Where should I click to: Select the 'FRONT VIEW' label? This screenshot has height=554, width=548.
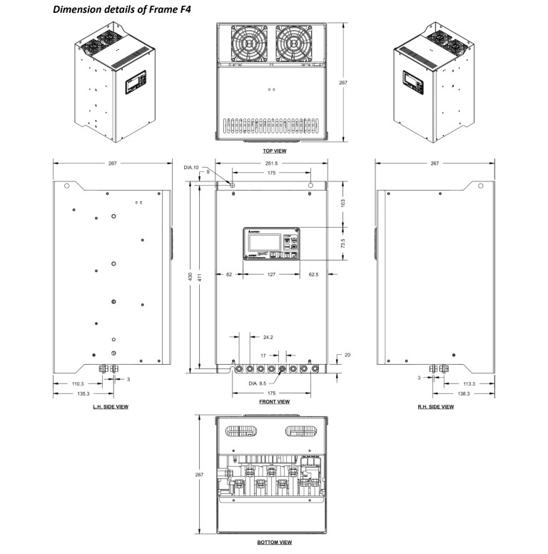click(x=274, y=402)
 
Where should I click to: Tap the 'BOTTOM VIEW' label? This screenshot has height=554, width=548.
click(x=274, y=543)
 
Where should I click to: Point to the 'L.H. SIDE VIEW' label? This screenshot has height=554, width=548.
click(x=111, y=407)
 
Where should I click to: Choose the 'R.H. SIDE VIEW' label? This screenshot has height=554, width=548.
click(x=435, y=407)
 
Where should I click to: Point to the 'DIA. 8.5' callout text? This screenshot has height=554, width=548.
click(x=259, y=384)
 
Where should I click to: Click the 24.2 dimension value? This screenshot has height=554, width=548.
click(x=268, y=336)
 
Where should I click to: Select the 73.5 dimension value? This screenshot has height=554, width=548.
click(x=343, y=243)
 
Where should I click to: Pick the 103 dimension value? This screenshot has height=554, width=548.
click(x=343, y=203)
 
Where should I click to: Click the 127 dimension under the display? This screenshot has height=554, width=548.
click(x=271, y=273)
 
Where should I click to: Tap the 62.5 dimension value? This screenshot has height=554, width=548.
click(x=314, y=273)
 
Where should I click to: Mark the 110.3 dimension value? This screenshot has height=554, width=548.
click(x=77, y=384)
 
